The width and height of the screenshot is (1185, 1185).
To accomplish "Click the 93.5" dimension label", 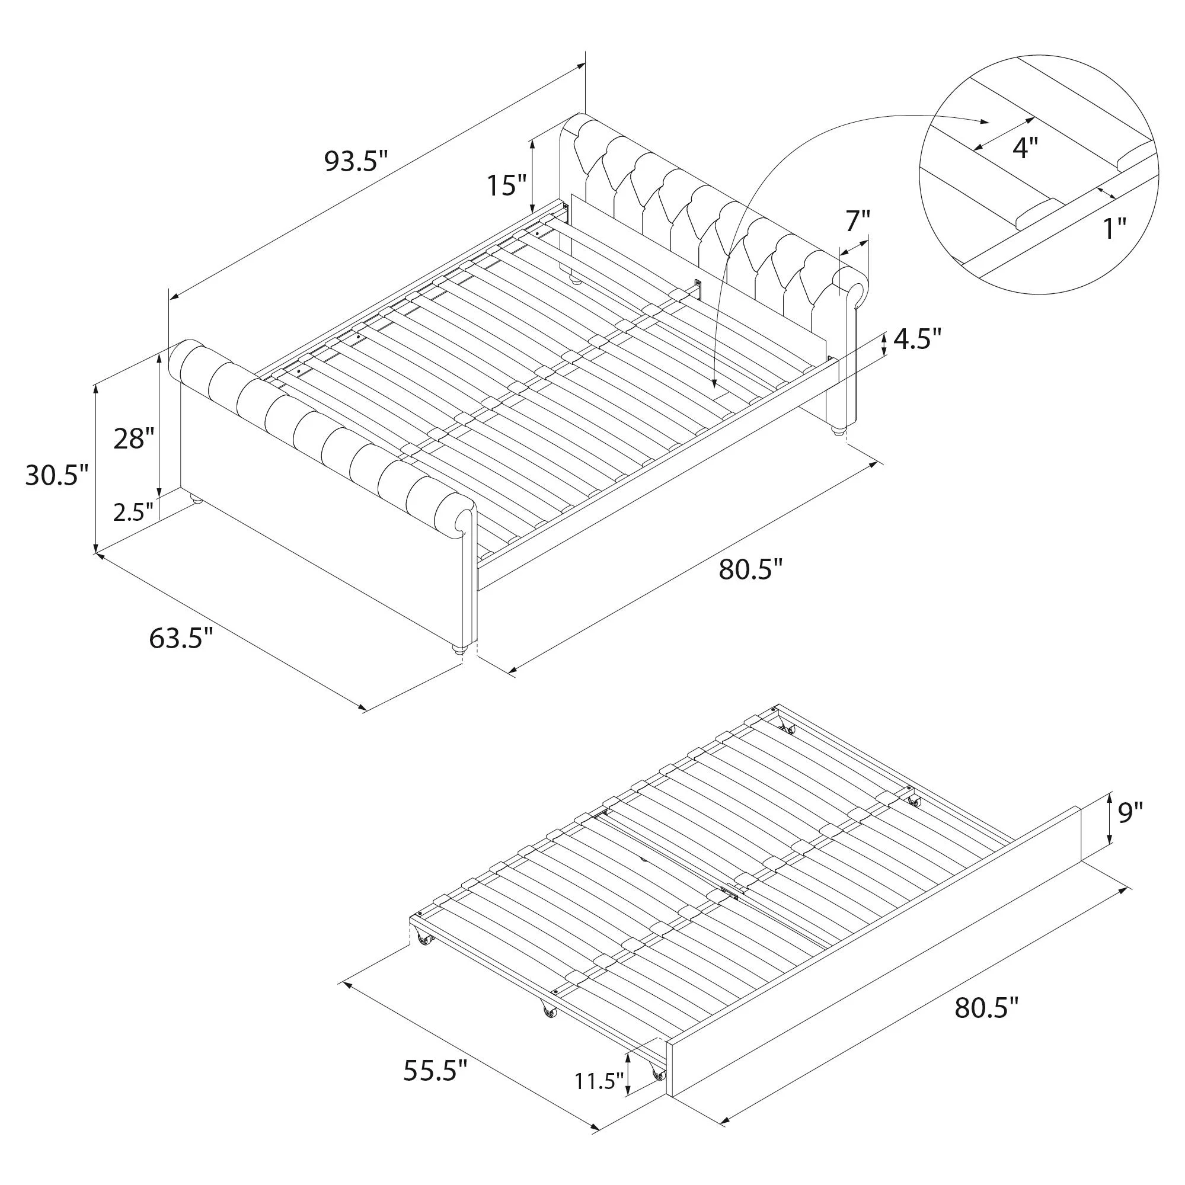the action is pos(356,162).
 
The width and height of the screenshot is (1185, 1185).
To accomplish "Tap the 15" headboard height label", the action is pos(507,185).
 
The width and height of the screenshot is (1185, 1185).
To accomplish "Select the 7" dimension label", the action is pos(858,221).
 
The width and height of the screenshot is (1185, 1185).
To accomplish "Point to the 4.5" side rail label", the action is pos(917,338).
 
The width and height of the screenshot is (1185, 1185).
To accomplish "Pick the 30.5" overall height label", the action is pos(57,475).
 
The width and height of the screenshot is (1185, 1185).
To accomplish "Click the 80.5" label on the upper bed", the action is pos(751,570).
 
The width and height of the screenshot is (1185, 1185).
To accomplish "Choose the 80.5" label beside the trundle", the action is pos(987,1007).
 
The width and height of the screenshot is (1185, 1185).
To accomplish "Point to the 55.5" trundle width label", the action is pos(436,1070).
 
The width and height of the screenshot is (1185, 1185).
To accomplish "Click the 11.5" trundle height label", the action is pos(599,1080).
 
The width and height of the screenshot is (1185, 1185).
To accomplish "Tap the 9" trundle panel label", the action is pos(1130,814).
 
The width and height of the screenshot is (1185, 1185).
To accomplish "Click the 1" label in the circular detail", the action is pos(1116,229).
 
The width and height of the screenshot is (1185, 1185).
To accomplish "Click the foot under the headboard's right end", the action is pos(838,428).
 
